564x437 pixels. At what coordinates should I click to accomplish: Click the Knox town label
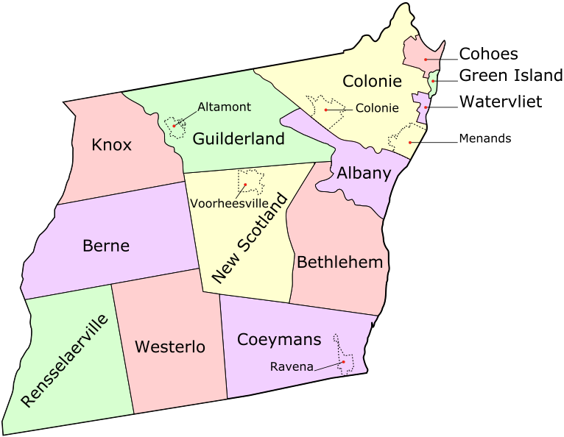111,145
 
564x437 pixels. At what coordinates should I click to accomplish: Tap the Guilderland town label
239,138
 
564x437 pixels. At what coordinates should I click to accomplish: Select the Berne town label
106,246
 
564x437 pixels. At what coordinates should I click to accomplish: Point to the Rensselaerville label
64,360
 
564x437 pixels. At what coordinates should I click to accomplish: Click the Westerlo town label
170,347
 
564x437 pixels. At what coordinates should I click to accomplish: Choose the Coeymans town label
279,339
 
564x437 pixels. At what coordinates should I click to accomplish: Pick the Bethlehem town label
340,261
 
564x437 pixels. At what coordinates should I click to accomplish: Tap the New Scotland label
248,238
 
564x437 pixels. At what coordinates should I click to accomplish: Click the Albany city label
364,174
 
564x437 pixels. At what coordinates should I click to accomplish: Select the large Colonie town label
373,81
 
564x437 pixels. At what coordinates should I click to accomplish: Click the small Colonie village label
377,108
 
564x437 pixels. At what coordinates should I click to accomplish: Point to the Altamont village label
224,107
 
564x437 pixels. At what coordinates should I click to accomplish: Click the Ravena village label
292,366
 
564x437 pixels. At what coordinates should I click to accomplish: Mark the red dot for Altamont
174,126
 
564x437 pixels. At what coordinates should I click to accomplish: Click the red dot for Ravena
344,362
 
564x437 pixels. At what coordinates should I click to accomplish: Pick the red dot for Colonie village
325,110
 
